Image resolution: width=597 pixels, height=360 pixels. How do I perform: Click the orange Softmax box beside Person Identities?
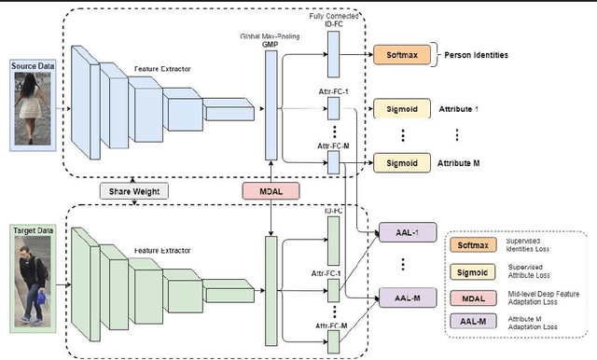394,55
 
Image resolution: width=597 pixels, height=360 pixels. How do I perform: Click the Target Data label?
31,228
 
